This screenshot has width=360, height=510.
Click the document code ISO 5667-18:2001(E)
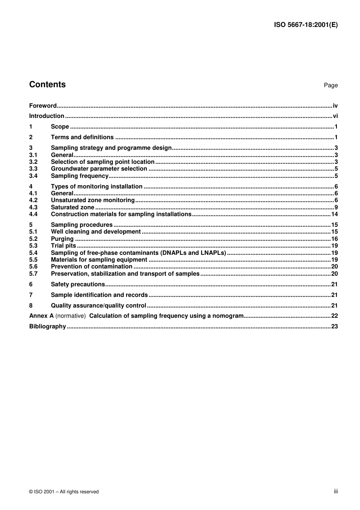(x=305, y=25)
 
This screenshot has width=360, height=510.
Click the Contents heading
(x=47, y=85)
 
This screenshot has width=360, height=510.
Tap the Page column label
(x=330, y=85)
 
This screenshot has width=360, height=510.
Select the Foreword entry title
(x=43, y=106)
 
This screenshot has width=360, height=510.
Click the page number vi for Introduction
(x=335, y=116)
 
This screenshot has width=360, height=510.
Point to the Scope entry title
(x=60, y=127)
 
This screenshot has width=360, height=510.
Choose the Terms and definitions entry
(x=82, y=137)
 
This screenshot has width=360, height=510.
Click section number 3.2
(x=33, y=162)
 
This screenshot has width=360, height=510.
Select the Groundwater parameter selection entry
(x=99, y=169)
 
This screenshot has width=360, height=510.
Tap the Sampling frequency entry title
(x=80, y=176)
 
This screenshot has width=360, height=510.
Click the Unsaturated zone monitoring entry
(x=93, y=200)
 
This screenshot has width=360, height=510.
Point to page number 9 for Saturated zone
(x=336, y=207)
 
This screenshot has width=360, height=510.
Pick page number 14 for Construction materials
(x=334, y=214)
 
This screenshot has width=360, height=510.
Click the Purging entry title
(x=62, y=239)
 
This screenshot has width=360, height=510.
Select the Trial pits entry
(x=63, y=246)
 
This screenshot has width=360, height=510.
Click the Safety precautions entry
(x=78, y=284)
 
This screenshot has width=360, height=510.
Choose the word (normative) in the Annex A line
(x=70, y=316)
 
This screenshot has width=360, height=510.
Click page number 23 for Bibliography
(x=334, y=326)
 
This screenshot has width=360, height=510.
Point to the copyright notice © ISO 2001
(x=64, y=492)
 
